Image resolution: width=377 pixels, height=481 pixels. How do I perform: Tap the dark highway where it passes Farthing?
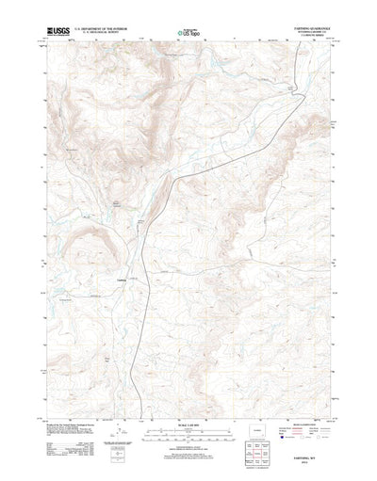coord(140,280)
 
